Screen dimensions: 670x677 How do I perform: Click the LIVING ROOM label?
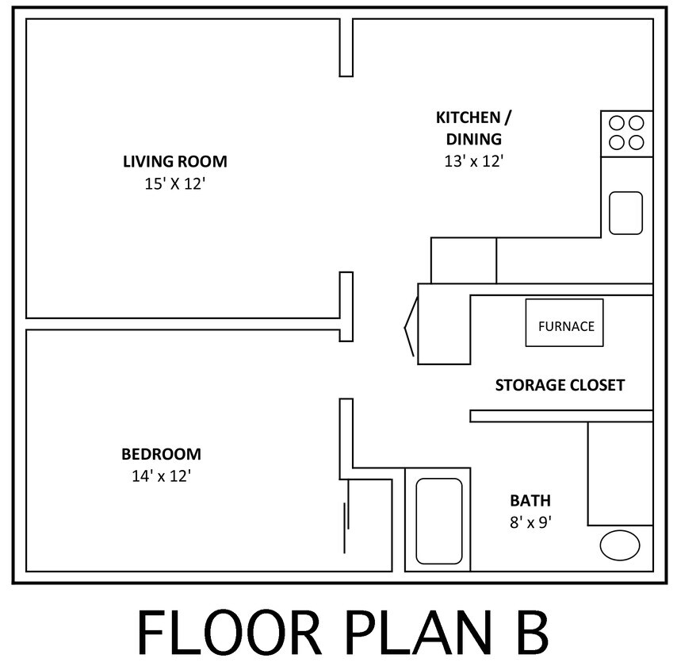click(174, 162)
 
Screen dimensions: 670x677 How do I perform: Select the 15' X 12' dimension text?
click(174, 183)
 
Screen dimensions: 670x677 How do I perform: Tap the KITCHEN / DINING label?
click(473, 128)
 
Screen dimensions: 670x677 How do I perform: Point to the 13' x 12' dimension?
click(473, 160)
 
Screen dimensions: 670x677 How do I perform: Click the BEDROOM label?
click(161, 455)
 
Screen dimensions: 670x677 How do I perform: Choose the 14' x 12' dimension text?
click(161, 476)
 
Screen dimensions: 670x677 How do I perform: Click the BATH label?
click(530, 501)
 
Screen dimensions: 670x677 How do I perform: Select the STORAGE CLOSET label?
click(560, 386)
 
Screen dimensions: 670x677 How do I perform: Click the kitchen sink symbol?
click(625, 213)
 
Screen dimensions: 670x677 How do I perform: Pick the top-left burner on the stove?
click(616, 123)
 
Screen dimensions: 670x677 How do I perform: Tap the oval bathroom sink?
click(619, 545)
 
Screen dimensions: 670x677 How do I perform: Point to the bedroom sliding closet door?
click(345, 527)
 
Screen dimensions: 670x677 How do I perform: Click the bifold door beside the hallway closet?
click(410, 326)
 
